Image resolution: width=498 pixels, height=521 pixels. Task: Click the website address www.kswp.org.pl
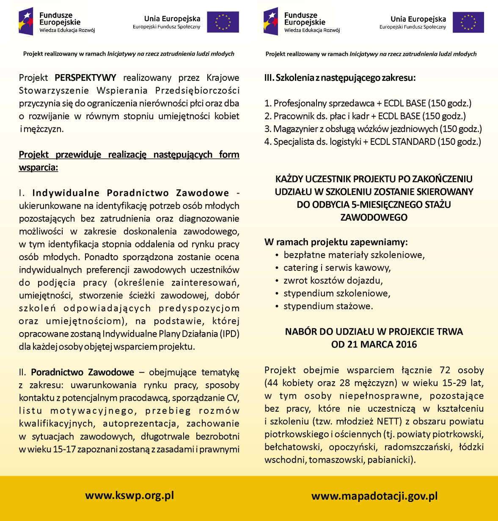129,496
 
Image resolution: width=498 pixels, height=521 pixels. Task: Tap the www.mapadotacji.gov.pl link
374,496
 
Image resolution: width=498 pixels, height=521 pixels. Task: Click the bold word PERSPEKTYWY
85,78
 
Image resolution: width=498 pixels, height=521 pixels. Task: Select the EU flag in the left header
223,22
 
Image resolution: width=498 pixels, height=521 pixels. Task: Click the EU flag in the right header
468,22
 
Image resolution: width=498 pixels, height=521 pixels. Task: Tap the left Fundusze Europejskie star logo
26,21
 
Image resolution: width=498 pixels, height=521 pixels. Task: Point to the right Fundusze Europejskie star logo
271,21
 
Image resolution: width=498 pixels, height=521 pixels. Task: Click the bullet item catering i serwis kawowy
337,268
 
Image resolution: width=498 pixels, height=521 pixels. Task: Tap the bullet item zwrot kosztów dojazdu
333,280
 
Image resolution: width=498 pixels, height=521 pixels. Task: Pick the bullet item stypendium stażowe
328,306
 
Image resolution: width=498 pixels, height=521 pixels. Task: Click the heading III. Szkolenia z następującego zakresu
340,78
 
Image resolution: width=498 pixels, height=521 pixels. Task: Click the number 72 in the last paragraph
445,370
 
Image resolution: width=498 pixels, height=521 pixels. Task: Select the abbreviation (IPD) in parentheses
229,334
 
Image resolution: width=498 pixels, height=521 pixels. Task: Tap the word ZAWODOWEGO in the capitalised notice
374,217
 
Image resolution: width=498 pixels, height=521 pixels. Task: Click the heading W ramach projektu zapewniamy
336,242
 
